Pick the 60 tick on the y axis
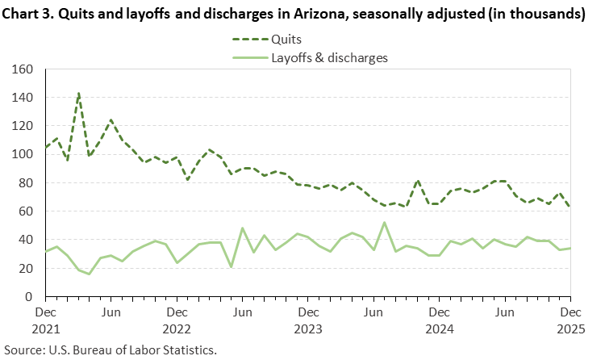[x=25, y=211]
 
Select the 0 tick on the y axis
[x=28, y=296]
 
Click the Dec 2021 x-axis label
[x=45, y=320]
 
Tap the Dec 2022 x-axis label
[x=177, y=320]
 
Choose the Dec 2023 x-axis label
[x=307, y=320]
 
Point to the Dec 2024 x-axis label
[x=439, y=320]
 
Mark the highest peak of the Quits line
[x=78, y=93]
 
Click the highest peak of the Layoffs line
[x=384, y=223]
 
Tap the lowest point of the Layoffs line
[x=89, y=274]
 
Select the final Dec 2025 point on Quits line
[x=570, y=207]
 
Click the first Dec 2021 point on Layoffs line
[x=45, y=251]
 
